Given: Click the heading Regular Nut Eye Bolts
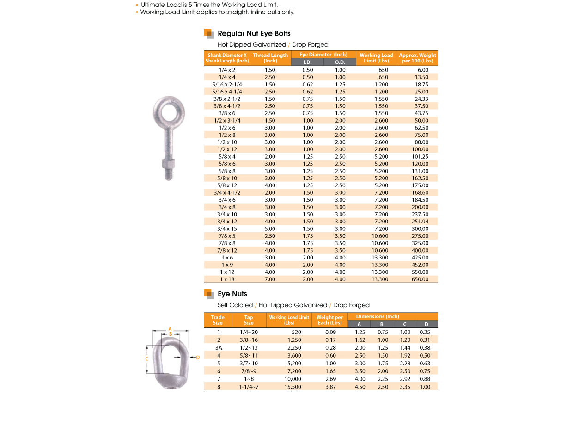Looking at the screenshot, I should pyautogui.click(x=254, y=33).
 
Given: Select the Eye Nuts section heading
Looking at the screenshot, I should pyautogui.click(x=232, y=294).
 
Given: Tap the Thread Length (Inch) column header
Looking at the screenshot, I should pyautogui.click(x=270, y=58).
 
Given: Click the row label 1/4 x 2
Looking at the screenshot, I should pyautogui.click(x=227, y=70).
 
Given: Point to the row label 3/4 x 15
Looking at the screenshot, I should pyautogui.click(x=227, y=229).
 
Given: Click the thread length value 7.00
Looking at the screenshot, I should pyautogui.click(x=270, y=279).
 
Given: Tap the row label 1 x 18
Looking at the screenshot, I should pyautogui.click(x=227, y=279).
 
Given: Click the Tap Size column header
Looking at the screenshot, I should pyautogui.click(x=249, y=320).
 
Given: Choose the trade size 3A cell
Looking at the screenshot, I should pyautogui.click(x=219, y=348).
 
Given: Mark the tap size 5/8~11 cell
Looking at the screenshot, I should pyautogui.click(x=249, y=355).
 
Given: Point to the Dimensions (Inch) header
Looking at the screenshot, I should pyautogui.click(x=377, y=316).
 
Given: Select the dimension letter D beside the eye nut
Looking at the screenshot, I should pyautogui.click(x=198, y=357).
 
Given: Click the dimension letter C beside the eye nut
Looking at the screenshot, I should pyautogui.click(x=146, y=358).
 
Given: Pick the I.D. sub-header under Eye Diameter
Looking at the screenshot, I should pyautogui.click(x=307, y=62).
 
